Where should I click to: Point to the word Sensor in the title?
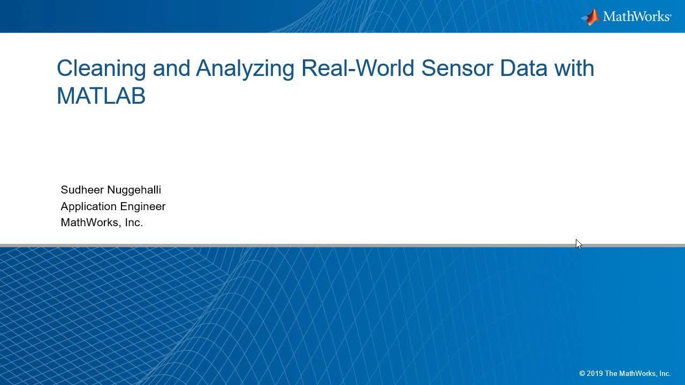[x=457, y=68]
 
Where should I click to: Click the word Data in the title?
[x=523, y=68]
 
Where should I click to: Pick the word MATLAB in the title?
[x=101, y=96]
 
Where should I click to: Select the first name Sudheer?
[x=82, y=190]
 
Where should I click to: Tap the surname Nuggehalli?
[x=134, y=190]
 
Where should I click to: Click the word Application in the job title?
[x=89, y=207]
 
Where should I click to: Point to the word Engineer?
[x=143, y=207]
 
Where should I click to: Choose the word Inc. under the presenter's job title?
[x=134, y=222]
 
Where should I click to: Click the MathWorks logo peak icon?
[x=590, y=17]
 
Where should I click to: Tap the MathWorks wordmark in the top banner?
[x=637, y=16]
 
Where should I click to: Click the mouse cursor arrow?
[x=579, y=244]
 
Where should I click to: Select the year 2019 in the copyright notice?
[x=595, y=373]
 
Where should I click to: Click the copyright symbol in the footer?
[x=582, y=373]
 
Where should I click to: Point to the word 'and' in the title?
[x=171, y=68]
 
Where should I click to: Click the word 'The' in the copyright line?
[x=611, y=373]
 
